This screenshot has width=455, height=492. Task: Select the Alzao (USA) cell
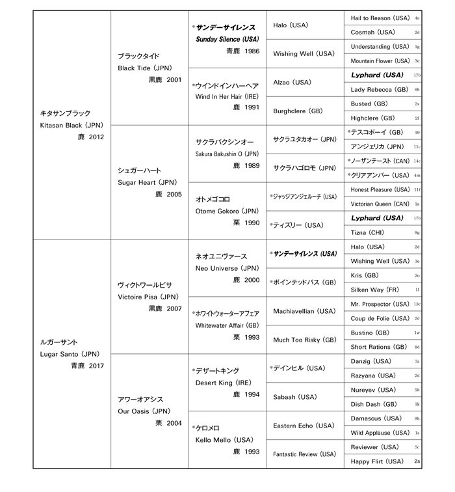coord(292,83)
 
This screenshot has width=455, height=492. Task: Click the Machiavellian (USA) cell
coord(304,311)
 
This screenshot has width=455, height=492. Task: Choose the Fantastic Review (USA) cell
coord(304,454)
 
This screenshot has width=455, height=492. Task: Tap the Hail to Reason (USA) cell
coord(380,18)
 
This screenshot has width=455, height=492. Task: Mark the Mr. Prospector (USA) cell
coord(380,304)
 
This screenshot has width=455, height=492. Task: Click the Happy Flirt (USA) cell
coord(377,461)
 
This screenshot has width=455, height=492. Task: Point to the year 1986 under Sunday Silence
coord(248,51)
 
